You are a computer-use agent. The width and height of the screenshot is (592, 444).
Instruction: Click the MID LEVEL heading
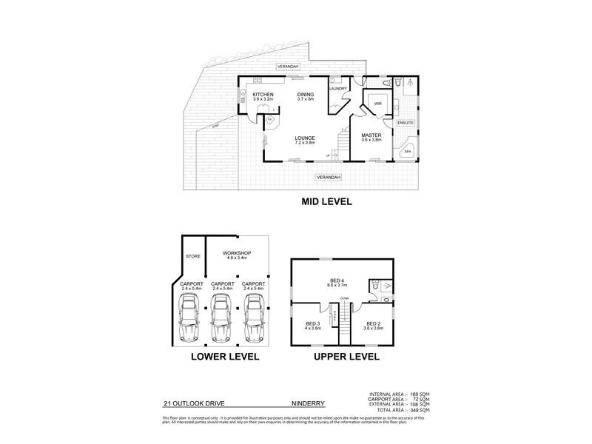326,201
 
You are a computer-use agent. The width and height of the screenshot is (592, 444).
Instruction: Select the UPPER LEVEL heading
342,356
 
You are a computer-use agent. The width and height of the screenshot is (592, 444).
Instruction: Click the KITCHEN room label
263,95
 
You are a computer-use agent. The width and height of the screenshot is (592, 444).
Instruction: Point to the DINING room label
306,95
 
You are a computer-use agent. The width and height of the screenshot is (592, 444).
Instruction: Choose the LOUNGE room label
305,138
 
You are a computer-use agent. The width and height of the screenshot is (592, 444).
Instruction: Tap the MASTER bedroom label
371,136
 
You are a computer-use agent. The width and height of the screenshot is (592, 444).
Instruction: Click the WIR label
377,104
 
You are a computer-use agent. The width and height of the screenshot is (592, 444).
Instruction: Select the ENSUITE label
406,122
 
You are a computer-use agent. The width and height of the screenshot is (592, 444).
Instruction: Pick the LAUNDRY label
339,89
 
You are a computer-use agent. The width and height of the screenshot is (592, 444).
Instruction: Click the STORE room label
193,257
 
